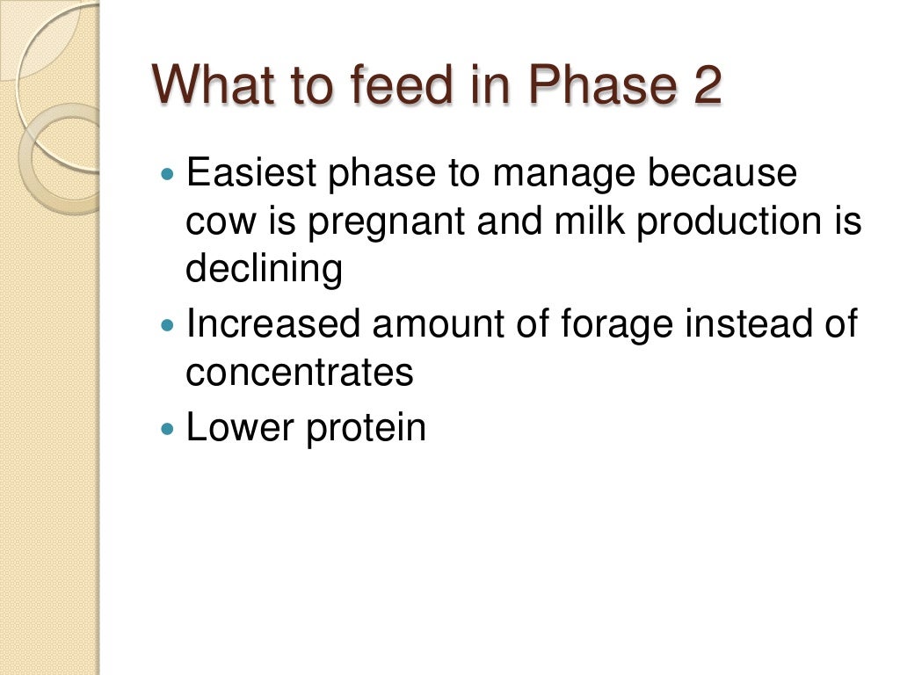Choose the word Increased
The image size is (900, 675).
click(273, 324)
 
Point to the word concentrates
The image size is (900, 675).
click(299, 374)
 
